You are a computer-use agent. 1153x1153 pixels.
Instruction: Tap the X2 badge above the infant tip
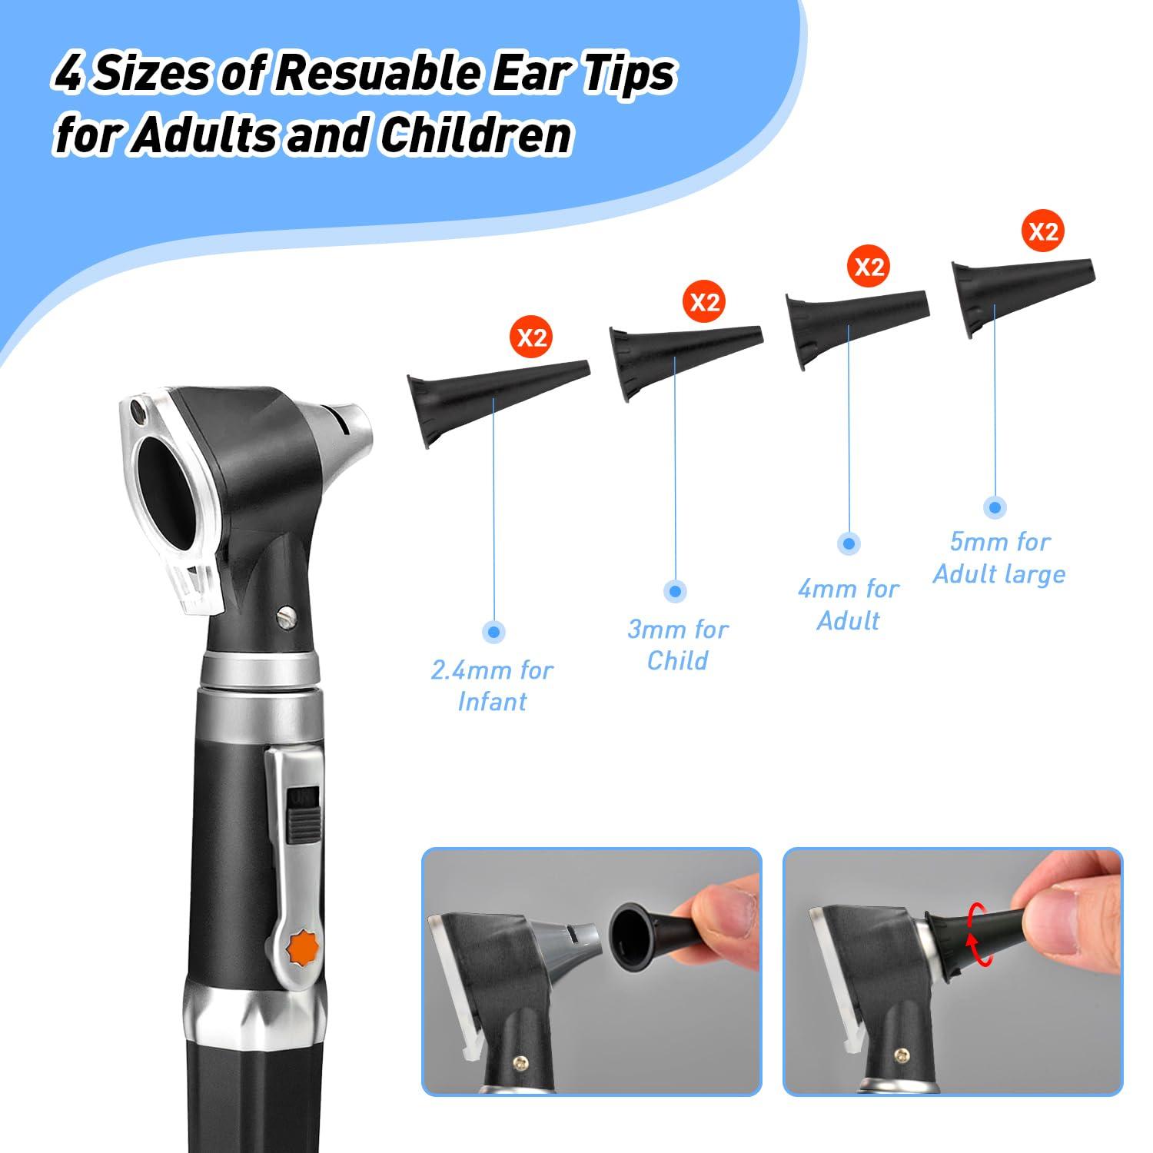(532, 338)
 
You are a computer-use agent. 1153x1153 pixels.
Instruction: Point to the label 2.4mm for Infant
(492, 686)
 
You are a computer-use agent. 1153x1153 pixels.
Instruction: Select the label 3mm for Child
(677, 645)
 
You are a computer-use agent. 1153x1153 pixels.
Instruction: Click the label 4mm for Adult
(848, 605)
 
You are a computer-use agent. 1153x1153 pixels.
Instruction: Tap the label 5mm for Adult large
(999, 558)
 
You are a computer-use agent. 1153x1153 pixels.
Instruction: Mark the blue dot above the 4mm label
(849, 543)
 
